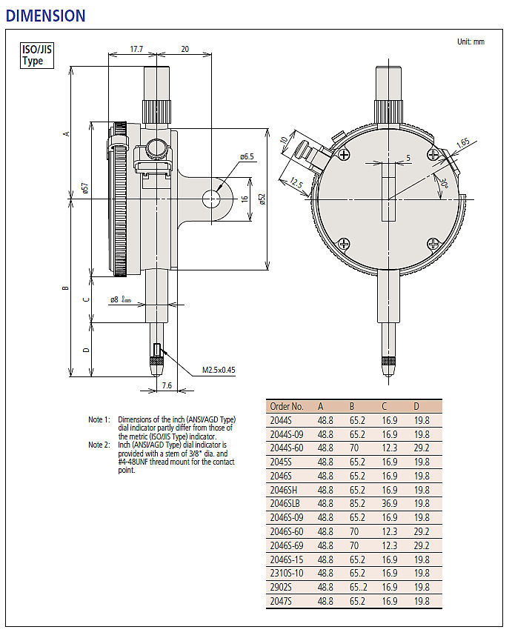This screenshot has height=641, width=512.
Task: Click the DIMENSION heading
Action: point(45,15)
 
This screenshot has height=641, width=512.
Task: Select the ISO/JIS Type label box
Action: point(36,56)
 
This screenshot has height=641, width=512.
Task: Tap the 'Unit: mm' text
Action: point(470,41)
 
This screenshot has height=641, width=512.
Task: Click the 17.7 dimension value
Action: point(136,48)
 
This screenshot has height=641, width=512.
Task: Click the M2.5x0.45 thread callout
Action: point(219,369)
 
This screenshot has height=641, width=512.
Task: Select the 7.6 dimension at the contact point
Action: point(166,385)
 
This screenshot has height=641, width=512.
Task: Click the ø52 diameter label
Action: point(261,199)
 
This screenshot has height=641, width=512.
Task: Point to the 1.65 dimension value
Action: point(462,142)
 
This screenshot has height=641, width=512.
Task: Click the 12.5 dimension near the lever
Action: point(296,184)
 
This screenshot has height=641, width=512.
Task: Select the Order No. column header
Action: point(287,406)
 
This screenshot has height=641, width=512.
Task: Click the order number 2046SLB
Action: point(286,502)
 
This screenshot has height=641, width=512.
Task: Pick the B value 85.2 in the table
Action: point(357,502)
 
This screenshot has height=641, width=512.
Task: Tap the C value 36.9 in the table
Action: point(389,502)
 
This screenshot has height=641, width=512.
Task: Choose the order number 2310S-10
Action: point(287,573)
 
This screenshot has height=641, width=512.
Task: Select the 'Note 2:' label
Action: point(99,445)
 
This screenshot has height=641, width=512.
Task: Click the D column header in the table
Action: point(416,406)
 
